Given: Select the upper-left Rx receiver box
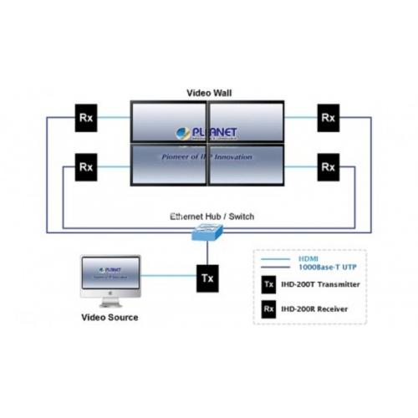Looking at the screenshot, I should click(86, 117).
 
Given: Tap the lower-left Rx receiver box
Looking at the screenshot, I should click(86, 166).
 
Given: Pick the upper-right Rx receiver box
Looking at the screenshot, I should click(329, 117).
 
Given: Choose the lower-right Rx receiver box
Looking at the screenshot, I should click(329, 166).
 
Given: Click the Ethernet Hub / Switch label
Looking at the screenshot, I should click(212, 217).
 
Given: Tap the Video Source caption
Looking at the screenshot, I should click(110, 318).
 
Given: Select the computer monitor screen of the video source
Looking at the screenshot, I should click(110, 274).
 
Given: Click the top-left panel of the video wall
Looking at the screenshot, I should click(169, 121).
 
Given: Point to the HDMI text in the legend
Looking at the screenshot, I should click(308, 257).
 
